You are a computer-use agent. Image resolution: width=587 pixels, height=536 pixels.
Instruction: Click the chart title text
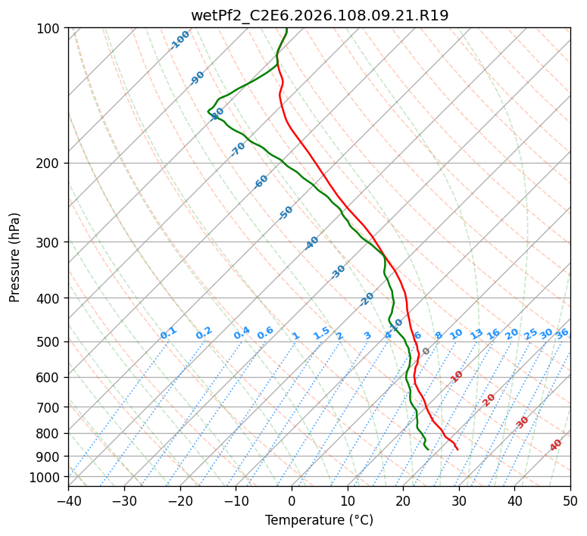319,15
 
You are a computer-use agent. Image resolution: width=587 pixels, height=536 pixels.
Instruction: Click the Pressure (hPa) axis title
15,257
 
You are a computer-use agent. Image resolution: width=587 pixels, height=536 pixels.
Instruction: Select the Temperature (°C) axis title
319,520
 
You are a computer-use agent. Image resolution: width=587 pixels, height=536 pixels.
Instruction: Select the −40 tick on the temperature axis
68,500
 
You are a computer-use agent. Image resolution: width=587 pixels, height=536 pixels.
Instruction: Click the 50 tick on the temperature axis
570,500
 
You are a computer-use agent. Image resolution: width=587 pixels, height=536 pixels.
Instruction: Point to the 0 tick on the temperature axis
292,500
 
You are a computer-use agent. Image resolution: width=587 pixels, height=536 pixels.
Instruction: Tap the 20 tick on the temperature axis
403,500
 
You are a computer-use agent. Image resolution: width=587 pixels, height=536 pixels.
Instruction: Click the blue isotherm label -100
180,40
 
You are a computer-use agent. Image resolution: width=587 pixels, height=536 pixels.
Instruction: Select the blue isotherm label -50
286,213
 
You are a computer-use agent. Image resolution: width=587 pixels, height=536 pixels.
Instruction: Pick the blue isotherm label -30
338,272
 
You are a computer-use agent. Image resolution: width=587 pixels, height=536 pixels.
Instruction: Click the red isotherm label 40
556,445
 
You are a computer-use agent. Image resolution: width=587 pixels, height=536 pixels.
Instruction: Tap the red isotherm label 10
457,376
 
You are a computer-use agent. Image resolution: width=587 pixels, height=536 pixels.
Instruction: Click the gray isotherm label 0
426,351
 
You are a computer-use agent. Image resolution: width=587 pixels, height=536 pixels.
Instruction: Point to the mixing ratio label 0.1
168,332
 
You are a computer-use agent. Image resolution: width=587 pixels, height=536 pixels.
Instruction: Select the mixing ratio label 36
562,333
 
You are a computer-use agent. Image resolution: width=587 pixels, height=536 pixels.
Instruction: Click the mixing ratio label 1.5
321,332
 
